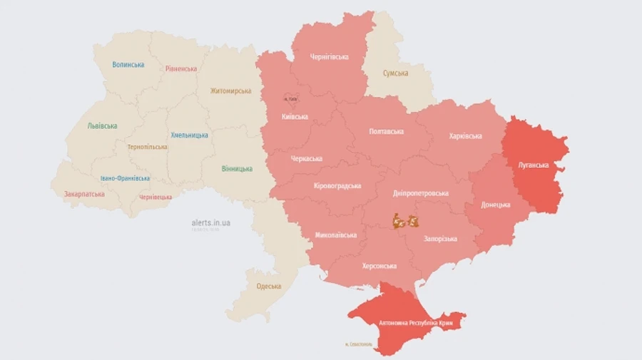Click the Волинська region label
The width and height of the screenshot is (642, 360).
pyautogui.click(x=128, y=65)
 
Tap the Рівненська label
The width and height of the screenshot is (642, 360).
pyautogui.click(x=180, y=69)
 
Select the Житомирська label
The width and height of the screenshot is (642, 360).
pyautogui.click(x=230, y=91)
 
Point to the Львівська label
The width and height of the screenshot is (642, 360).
pyautogui.click(x=102, y=125)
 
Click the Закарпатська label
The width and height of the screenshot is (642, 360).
pyautogui.click(x=84, y=194)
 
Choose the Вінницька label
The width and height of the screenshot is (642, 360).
pyautogui.click(x=237, y=169)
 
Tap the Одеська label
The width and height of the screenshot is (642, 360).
pyautogui.click(x=269, y=287)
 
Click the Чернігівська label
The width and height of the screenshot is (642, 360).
pyautogui.click(x=330, y=57)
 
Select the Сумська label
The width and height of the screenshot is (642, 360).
pyautogui.click(x=395, y=73)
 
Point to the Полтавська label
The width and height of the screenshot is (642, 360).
pyautogui.click(x=387, y=132)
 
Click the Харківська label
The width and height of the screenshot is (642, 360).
pyautogui.click(x=465, y=136)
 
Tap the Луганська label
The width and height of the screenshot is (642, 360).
pyautogui.click(x=533, y=165)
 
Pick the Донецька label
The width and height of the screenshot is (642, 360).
pyautogui.click(x=496, y=205)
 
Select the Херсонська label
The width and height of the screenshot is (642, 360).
pyautogui.click(x=379, y=266)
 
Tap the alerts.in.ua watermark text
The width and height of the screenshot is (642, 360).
pyautogui.click(x=211, y=222)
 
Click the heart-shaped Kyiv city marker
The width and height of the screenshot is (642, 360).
pyautogui.click(x=289, y=98)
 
